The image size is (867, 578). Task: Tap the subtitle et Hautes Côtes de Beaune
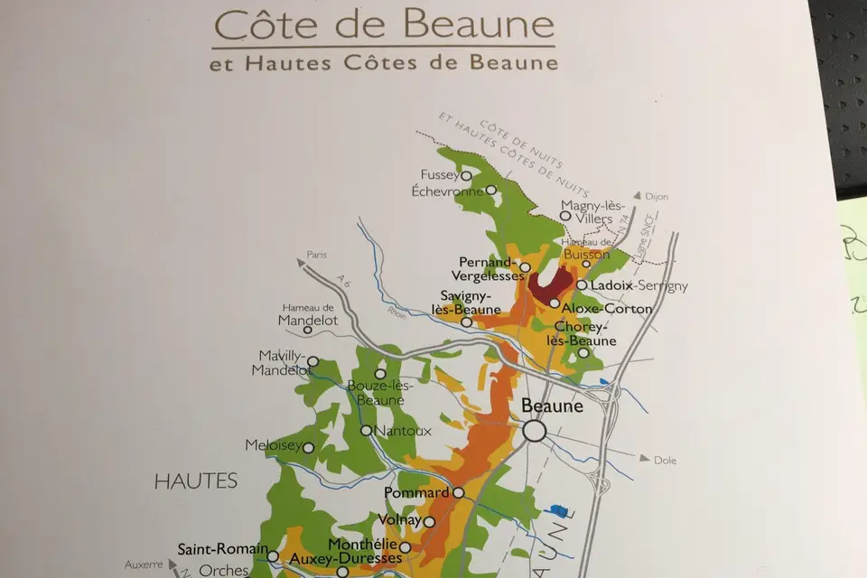[383, 63]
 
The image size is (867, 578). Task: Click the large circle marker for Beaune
[535, 431]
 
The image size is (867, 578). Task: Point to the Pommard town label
[416, 493]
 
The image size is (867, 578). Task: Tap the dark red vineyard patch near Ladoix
[547, 286]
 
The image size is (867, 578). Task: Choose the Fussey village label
[440, 174]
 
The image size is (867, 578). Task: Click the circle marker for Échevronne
[490, 190]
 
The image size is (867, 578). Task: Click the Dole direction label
[665, 460]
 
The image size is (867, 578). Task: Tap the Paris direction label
[315, 255]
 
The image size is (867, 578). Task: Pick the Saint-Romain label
[222, 548]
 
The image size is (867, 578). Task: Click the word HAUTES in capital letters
[196, 480]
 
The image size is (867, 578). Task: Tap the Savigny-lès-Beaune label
[466, 303]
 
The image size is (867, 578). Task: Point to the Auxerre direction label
[144, 564]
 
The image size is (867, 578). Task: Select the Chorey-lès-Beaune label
[584, 333]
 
